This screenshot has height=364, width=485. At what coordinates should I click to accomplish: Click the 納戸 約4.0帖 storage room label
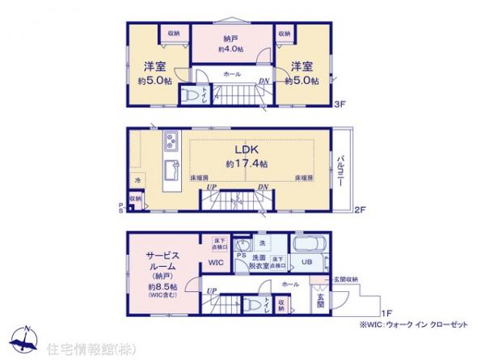point(230,43)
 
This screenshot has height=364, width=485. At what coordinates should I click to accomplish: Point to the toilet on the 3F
point(192,95)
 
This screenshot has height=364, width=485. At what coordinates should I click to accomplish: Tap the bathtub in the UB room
point(308,244)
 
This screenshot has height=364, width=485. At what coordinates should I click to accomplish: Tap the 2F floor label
point(360,210)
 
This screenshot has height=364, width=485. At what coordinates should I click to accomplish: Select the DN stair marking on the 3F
point(264,81)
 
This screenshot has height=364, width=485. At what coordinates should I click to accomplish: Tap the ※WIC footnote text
point(398,326)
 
